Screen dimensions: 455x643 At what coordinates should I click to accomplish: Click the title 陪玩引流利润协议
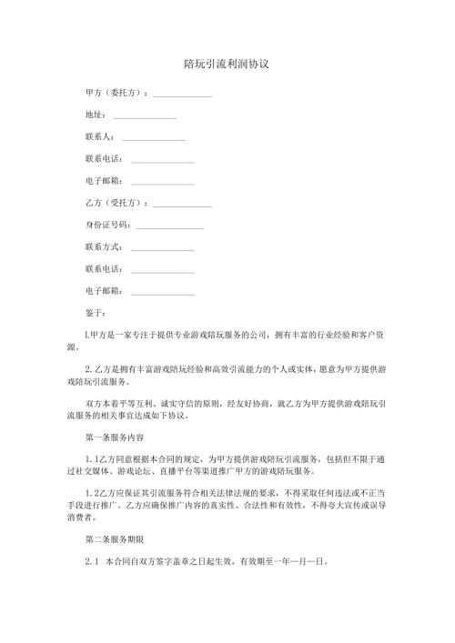click(227, 65)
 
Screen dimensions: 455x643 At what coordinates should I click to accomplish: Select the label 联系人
click(97, 137)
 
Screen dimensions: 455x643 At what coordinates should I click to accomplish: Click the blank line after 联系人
click(153, 138)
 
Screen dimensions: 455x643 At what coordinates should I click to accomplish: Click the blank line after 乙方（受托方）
click(183, 205)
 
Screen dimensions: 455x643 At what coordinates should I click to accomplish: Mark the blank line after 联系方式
click(163, 248)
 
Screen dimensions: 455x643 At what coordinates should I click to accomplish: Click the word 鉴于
click(94, 313)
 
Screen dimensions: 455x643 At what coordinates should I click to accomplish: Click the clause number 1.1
click(90, 459)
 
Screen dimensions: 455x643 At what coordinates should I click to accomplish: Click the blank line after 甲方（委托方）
click(183, 95)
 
